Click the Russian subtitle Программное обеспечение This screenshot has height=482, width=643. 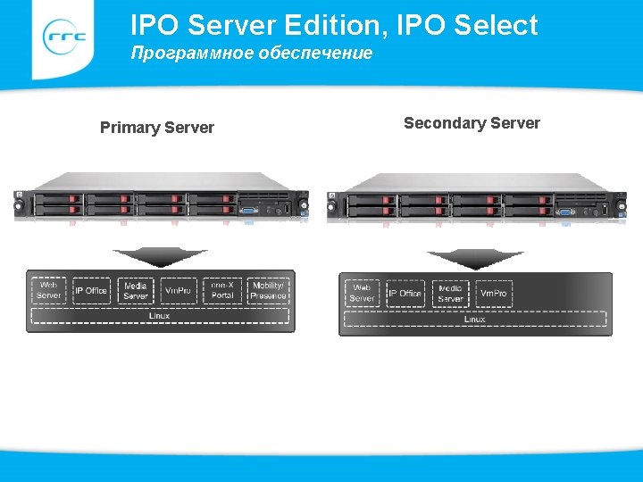tap(252, 54)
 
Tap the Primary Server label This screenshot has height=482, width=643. tap(157, 128)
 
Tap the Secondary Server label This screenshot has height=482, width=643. tap(472, 123)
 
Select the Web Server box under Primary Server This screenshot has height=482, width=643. tap(49, 290)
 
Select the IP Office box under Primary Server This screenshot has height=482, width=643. tap(90, 290)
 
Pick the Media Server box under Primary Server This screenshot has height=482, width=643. tap(135, 290)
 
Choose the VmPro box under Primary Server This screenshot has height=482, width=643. tap(179, 290)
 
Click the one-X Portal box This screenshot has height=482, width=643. tap(222, 290)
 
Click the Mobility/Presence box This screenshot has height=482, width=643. tap(268, 290)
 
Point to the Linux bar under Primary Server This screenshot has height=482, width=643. tap(159, 316)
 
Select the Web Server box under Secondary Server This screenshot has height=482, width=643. tap(362, 293)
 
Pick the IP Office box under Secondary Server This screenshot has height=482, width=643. tap(405, 293)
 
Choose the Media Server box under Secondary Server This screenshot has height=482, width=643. tap(450, 293)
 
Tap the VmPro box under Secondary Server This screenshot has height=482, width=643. tap(493, 293)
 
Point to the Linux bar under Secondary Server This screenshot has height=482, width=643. tap(474, 319)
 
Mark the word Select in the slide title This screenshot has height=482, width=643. tap(496, 25)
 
